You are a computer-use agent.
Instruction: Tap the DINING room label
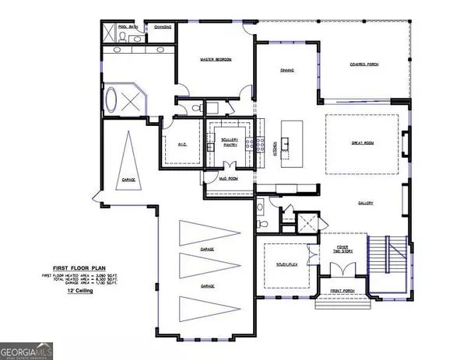tap(287, 70)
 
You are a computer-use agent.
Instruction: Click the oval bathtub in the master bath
tap(114, 100)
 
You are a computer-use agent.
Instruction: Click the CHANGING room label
tap(163, 26)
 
